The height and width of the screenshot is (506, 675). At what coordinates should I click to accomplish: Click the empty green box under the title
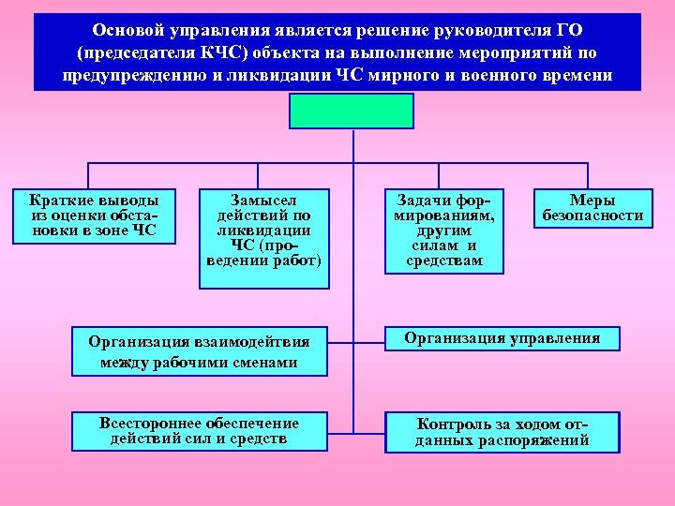click(352, 109)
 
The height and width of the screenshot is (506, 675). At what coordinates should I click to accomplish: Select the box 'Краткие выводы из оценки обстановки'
click(94, 216)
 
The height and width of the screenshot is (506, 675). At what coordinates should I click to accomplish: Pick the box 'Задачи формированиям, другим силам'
click(443, 231)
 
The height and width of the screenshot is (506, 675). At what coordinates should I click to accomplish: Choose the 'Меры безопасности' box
click(592, 208)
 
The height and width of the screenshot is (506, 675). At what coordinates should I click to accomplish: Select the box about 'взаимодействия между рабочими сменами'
click(199, 349)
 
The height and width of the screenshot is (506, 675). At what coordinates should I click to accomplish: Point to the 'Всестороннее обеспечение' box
click(199, 431)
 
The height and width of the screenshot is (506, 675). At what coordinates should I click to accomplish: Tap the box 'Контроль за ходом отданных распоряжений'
click(502, 432)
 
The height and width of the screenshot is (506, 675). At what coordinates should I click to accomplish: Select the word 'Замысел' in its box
click(263, 200)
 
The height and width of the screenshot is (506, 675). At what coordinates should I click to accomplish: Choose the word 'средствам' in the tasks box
click(444, 260)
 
